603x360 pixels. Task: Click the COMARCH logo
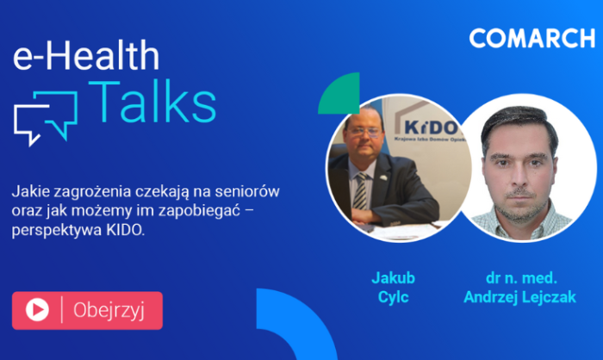pos(532,38)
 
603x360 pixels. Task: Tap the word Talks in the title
pos(152,102)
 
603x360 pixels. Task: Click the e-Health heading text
pos(86,55)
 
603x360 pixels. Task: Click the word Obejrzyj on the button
pos(109,310)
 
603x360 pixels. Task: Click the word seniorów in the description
pos(247,191)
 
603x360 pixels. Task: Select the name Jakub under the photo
pos(393,277)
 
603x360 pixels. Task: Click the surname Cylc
pos(393,297)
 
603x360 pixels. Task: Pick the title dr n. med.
pos(521,277)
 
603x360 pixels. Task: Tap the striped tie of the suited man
pos(361,191)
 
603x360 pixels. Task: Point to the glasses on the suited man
pos(364,133)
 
